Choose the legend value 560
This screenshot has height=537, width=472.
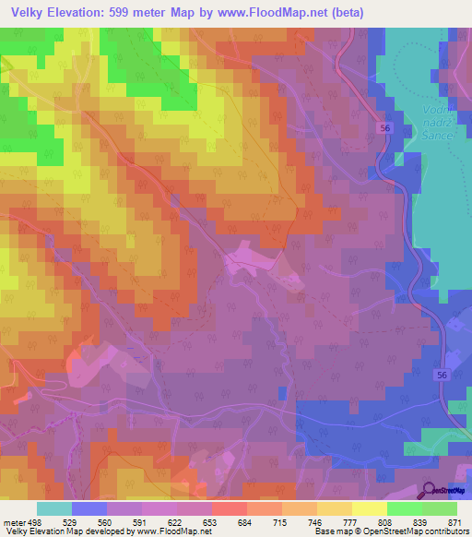(x=89, y=521)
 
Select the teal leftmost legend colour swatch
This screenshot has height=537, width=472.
(x=54, y=508)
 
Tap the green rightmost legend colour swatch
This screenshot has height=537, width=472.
(x=440, y=508)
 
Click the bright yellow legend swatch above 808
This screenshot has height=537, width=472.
(x=370, y=508)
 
